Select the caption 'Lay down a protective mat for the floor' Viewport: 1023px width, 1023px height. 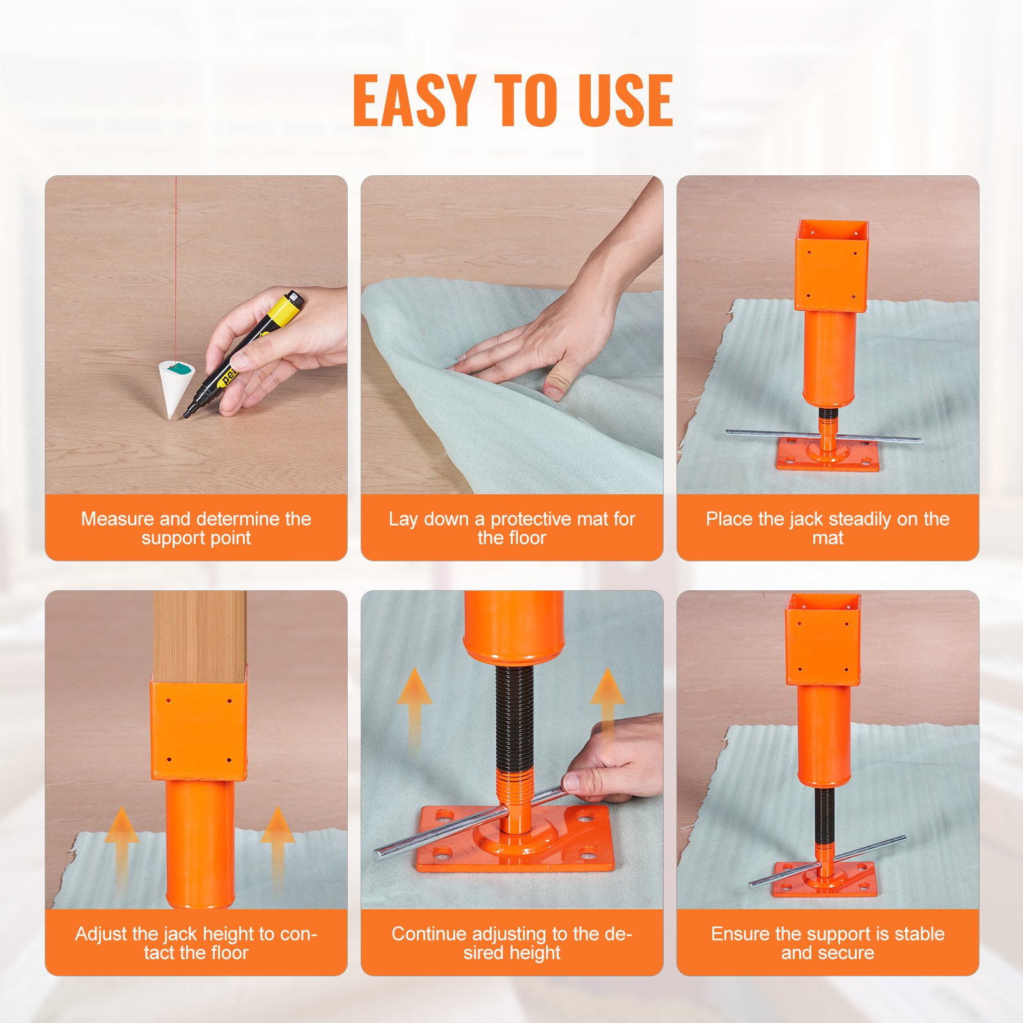(x=511, y=527)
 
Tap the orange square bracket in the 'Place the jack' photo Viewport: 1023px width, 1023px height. (x=831, y=265)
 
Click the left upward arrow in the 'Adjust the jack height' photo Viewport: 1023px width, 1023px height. (x=121, y=844)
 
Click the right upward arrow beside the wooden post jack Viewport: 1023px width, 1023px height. (x=277, y=844)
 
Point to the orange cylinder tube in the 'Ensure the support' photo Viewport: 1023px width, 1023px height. (x=824, y=735)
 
